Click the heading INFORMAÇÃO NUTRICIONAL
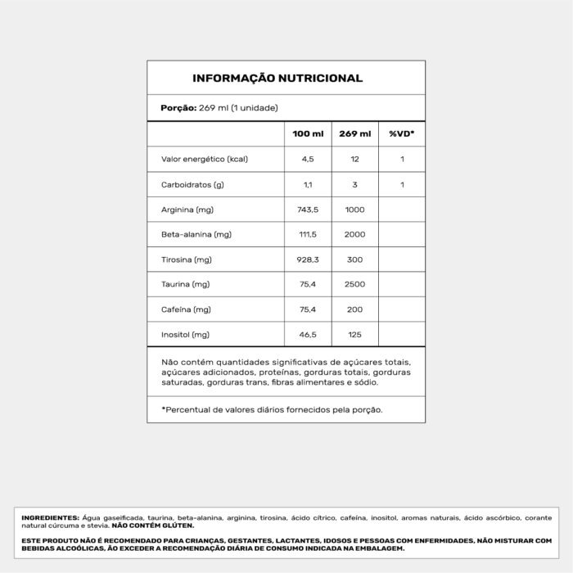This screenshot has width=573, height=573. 277,79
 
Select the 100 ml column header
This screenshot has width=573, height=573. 308,133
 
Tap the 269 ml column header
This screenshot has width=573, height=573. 354,133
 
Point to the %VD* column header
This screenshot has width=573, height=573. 402,133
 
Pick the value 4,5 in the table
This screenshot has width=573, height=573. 308,159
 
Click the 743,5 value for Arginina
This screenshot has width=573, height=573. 308,210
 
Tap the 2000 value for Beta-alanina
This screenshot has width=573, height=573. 354,234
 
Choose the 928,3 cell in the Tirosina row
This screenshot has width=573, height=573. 308,259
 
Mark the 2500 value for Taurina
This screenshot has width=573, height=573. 354,284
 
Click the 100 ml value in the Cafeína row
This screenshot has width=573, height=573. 308,309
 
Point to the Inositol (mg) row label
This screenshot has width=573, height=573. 186,335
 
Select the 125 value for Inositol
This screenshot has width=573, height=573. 354,335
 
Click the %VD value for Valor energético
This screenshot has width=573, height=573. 402,159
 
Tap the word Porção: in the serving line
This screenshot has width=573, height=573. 178,108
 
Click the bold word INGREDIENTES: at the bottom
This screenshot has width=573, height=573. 50,518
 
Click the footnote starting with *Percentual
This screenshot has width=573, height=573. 272,408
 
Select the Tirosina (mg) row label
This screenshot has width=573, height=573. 187,259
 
